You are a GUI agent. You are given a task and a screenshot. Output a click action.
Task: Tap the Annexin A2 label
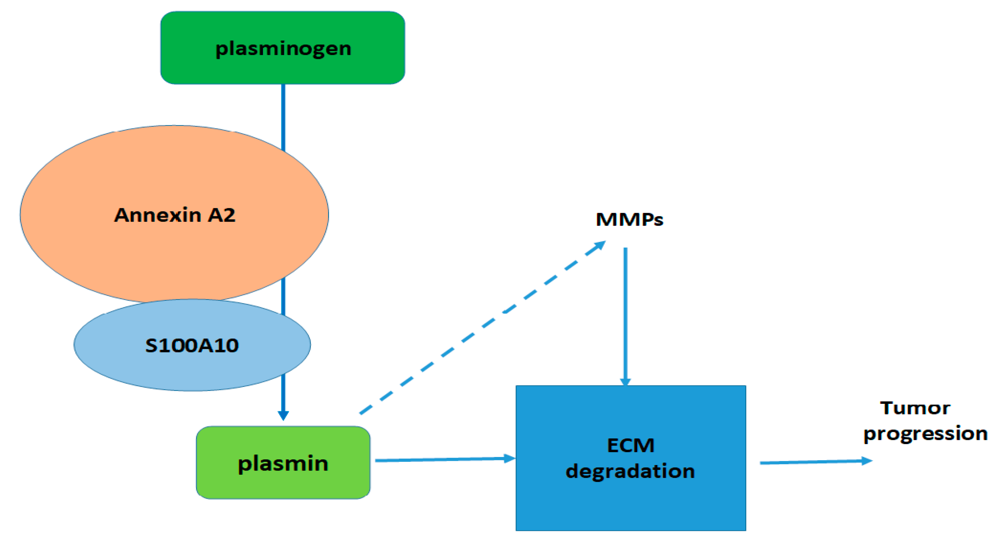pos(175,215)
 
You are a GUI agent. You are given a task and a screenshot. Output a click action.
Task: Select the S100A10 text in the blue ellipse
pos(192,346)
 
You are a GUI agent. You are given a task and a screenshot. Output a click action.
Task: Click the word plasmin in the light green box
pos(283,464)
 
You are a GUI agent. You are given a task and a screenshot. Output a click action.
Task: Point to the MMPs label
pos(629,219)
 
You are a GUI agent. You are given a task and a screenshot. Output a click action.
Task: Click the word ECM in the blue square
pos(631,445)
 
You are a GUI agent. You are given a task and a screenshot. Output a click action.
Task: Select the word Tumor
pos(915,408)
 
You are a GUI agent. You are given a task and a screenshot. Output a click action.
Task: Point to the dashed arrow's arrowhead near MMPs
pos(600,246)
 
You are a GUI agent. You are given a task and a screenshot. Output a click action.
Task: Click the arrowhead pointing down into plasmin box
pos(283,416)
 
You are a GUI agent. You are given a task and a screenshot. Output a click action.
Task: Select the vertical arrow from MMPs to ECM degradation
pos(625,313)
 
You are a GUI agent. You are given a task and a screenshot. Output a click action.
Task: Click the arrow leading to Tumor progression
pos(812,462)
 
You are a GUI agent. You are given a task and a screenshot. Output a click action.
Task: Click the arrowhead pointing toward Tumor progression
pos(867,461)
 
